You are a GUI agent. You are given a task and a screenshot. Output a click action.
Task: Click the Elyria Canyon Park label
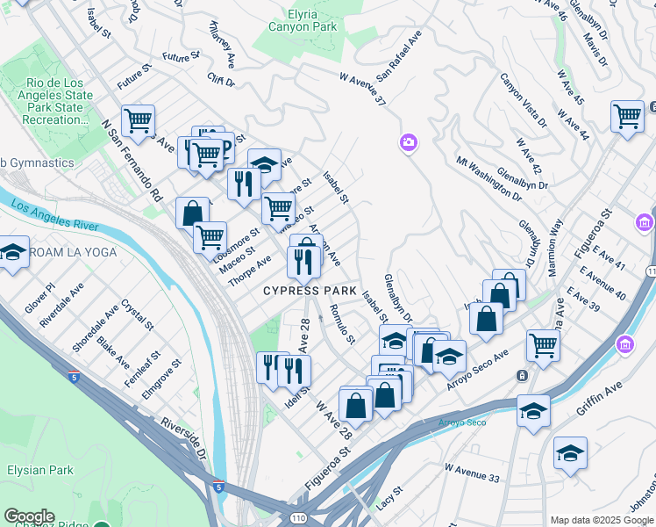coord(300,21)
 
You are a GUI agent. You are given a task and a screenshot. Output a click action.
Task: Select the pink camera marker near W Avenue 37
coord(408,142)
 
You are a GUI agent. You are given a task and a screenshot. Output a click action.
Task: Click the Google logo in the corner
coord(29,516)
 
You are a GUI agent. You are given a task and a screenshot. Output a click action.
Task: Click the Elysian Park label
coord(39,471)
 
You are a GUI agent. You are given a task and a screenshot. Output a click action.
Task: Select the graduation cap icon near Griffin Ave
coord(533,410)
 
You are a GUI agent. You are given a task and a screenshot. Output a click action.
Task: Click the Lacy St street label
coord(389,500)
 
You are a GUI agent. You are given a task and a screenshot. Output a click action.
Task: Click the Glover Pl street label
coord(39,299)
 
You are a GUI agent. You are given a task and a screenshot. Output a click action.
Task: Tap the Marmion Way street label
coord(555,249)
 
